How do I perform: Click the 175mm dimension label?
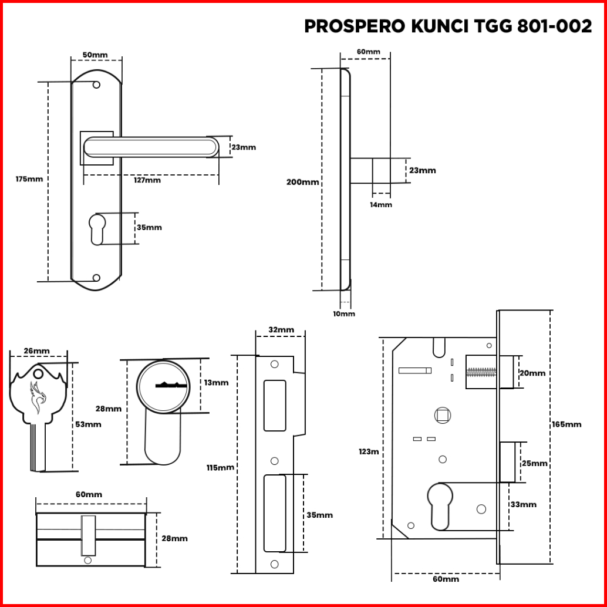[x=29, y=179]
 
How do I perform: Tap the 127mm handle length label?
[x=147, y=180]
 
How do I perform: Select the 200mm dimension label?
[x=303, y=182]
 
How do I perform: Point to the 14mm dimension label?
[x=381, y=205]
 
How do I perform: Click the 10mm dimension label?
[x=344, y=314]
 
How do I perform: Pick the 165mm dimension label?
[x=566, y=424]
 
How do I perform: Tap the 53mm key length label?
[x=88, y=424]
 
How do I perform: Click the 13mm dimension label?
[x=216, y=383]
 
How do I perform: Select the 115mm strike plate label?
[x=220, y=468]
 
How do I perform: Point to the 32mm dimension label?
[x=281, y=331]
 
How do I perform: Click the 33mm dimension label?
[x=524, y=505]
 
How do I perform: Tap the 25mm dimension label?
[x=535, y=464]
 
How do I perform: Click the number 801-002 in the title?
[x=554, y=26]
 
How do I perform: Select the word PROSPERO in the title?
[x=355, y=26]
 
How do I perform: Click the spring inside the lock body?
[x=481, y=372]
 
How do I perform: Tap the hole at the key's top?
[x=38, y=374]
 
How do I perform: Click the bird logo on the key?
[x=38, y=397]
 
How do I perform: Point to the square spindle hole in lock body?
[x=443, y=416]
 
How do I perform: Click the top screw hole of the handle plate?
[x=96, y=85]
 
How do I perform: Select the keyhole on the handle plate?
[x=97, y=229]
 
